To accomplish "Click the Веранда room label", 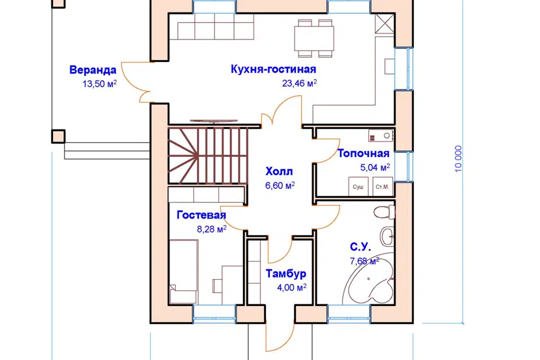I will (x=93, y=70).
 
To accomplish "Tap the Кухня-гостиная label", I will (x=273, y=69).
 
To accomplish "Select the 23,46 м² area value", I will (x=299, y=83).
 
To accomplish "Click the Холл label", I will (x=280, y=171).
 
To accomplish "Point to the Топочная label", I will (x=363, y=154).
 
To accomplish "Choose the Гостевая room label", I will (x=201, y=215).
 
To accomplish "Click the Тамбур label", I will (x=286, y=274).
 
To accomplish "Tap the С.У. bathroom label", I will (x=360, y=246).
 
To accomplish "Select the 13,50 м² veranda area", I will (x=99, y=84).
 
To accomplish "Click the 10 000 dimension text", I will (x=459, y=159).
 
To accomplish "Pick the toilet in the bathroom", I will (x=382, y=213).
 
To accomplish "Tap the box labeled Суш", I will (x=358, y=187).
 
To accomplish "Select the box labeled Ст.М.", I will (x=381, y=187).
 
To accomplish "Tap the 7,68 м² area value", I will (x=363, y=261).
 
